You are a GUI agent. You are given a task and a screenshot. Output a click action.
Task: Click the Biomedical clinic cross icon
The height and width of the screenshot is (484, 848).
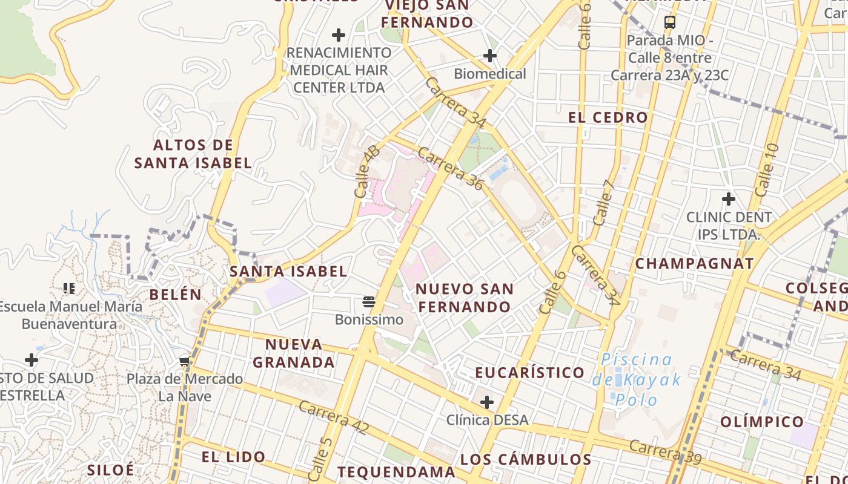(489, 56)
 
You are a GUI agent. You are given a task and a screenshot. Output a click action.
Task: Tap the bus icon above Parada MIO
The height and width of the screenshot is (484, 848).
(669, 22)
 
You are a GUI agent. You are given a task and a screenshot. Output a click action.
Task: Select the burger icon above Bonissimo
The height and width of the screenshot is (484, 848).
(369, 301)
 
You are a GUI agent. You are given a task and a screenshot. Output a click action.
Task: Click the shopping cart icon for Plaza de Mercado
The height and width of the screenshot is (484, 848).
(184, 362)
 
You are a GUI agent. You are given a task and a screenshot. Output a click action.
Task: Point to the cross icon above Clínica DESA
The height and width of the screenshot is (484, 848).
(486, 402)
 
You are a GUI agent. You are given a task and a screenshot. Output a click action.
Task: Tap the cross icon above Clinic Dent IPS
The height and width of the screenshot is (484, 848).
(728, 198)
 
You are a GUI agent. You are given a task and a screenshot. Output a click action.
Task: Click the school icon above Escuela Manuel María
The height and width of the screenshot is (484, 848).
(69, 288)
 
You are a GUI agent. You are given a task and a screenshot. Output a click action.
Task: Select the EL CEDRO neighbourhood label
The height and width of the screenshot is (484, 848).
(608, 117)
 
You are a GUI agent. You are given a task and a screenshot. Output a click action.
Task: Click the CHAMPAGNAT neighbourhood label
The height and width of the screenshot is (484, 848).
(694, 264)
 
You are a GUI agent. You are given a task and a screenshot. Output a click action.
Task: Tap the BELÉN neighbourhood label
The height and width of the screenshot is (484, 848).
(175, 295)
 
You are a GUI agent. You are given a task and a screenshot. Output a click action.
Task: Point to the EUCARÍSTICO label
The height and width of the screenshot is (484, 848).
(530, 373)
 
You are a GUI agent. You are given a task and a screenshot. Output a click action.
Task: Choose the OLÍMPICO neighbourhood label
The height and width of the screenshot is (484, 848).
(762, 422)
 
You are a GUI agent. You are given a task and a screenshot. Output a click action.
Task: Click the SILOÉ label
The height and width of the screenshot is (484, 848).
(110, 469)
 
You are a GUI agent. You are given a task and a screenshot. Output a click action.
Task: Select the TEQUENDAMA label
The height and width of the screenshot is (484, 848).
(396, 472)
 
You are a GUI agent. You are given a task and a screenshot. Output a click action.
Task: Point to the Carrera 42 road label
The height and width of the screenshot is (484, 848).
(333, 417)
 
